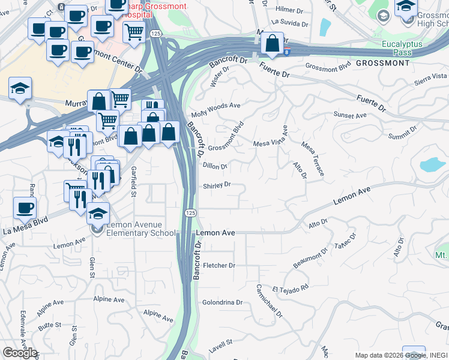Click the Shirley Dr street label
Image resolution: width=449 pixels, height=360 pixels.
pos(217,185)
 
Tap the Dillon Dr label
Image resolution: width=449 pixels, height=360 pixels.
pos(215,166)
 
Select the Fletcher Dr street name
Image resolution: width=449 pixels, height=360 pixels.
pos(219,265)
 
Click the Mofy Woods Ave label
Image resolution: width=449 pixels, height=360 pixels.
pos(215,110)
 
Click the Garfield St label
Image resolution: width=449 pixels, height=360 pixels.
pos(133,181)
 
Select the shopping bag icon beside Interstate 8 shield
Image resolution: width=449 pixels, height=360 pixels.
pos(273,44)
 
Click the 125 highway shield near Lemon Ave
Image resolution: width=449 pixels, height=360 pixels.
pos(190,213)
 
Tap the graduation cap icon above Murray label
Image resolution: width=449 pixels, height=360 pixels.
pos(20,88)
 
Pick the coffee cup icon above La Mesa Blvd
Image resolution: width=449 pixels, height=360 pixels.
pos(25,208)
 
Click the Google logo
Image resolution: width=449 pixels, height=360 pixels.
pos(20,353)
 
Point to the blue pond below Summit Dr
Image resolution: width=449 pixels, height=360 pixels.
pos(431,164)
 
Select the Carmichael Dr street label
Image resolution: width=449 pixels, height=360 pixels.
pos(268,301)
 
